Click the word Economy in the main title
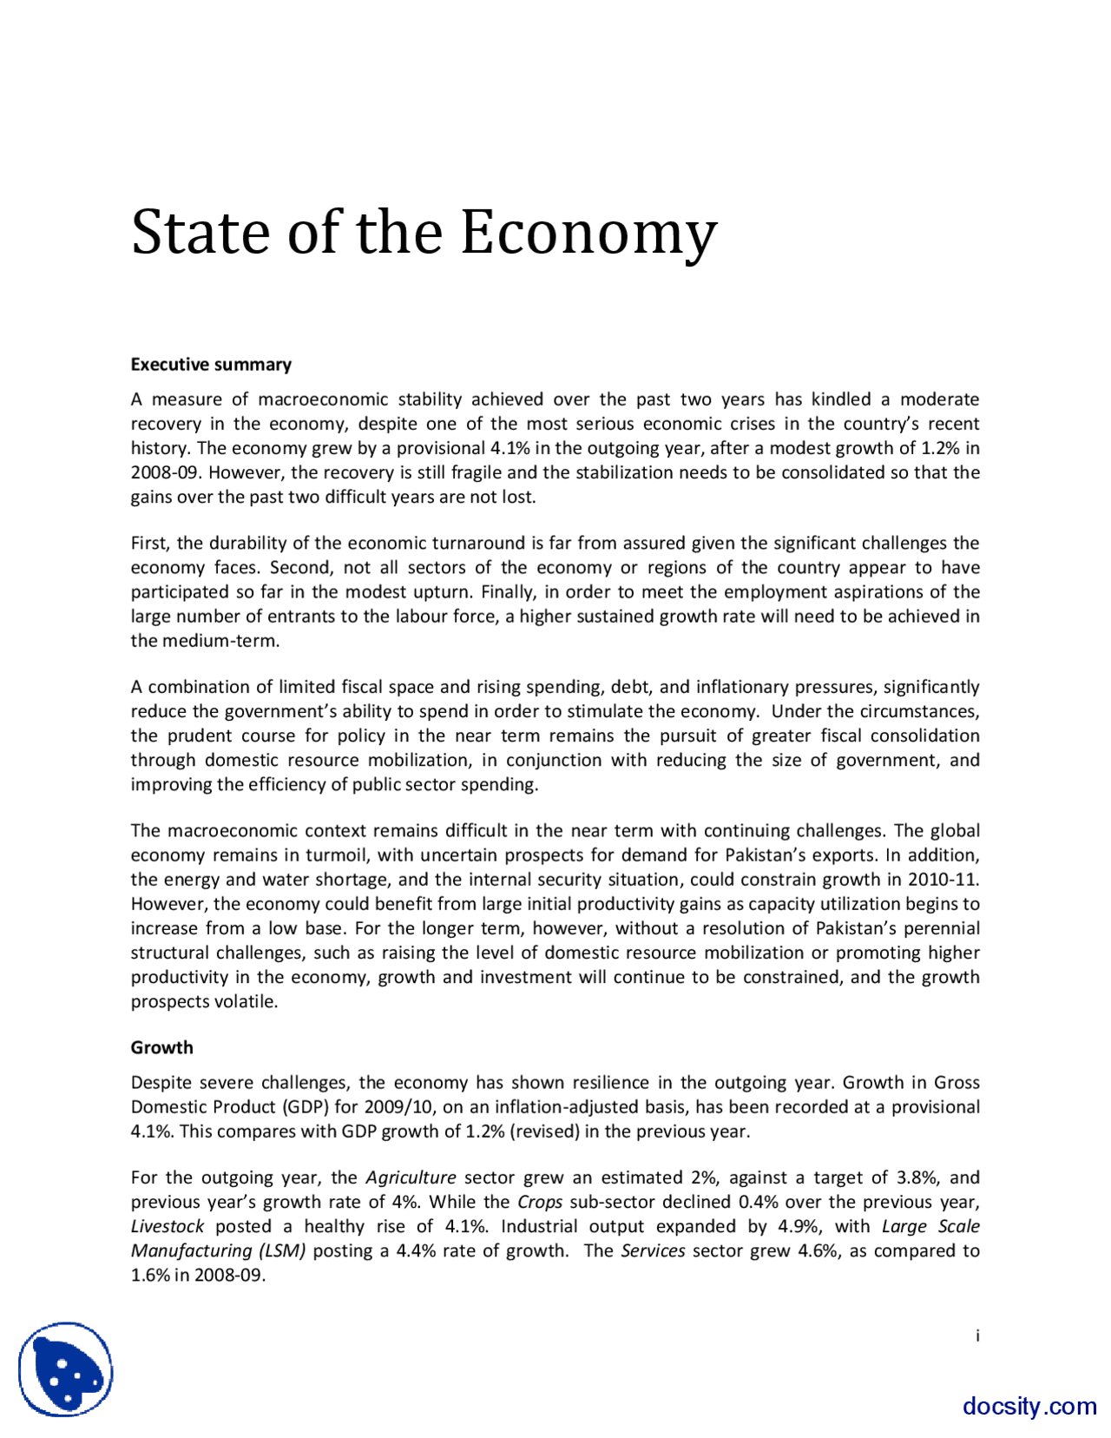pos(588,233)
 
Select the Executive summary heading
pos(211,365)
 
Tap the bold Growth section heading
pos(161,1047)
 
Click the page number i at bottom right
pos(977,1336)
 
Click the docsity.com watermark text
pos(1029,1406)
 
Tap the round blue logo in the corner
pos(66,1369)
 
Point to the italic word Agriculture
pos(411,1177)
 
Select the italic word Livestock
pos(168,1226)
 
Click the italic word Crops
pos(540,1202)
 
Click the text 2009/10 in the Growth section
pos(396,1107)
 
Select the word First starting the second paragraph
pos(150,544)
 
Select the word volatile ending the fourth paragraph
pos(247,1001)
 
